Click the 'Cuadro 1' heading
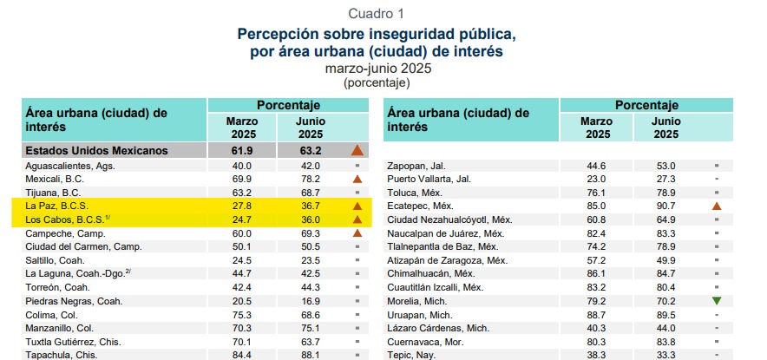[376, 13]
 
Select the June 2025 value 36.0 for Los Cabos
[311, 219]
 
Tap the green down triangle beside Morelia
[716, 301]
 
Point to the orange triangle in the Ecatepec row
[716, 206]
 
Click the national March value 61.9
[241, 150]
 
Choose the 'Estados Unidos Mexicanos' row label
[96, 150]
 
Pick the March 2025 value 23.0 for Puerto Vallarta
[597, 179]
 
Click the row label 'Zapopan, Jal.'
[416, 165]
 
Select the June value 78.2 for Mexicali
[311, 178]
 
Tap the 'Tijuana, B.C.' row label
[53, 192]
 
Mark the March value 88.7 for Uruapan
[597, 315]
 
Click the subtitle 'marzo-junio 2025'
[376, 69]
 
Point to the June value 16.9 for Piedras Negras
[311, 301]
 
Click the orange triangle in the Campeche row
[356, 233]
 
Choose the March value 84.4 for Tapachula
[241, 355]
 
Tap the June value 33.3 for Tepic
[666, 355]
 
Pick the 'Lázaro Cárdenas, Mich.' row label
[439, 328]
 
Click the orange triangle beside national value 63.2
[356, 150]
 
